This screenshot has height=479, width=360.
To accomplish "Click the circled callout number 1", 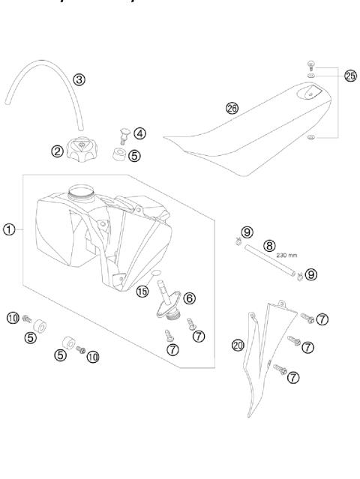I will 8,229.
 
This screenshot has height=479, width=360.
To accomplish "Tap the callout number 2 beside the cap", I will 56,150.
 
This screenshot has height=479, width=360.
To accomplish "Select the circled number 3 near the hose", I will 79,79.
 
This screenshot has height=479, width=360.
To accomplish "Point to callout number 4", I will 140,133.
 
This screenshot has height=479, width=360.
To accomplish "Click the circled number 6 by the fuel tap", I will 189,298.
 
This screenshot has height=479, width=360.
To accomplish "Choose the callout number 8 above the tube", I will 268,244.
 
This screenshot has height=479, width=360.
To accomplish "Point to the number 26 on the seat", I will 232,108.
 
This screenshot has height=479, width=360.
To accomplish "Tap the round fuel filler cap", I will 84,146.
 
